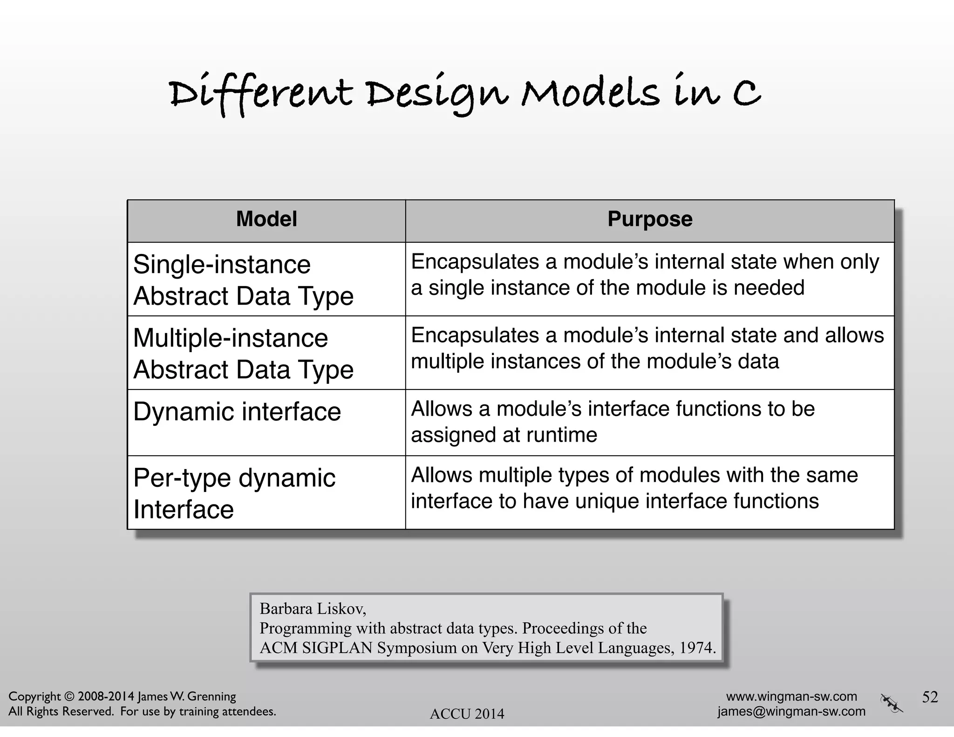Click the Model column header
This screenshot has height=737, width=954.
click(266, 219)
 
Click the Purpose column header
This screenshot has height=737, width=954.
click(650, 219)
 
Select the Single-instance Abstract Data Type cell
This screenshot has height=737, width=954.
click(244, 280)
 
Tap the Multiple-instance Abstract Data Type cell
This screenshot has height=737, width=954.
click(244, 353)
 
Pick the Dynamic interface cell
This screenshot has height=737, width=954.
click(237, 412)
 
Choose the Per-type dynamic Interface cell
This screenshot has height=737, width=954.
click(234, 493)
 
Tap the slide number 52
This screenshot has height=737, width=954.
click(930, 697)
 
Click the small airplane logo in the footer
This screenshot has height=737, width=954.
click(891, 703)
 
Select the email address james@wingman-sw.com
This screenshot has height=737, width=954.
click(791, 711)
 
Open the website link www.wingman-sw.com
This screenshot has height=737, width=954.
click(791, 696)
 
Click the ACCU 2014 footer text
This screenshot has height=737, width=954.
click(467, 714)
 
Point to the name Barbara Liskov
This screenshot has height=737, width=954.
click(313, 608)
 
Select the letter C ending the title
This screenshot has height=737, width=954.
click(747, 93)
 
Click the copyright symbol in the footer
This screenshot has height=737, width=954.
click(69, 696)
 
